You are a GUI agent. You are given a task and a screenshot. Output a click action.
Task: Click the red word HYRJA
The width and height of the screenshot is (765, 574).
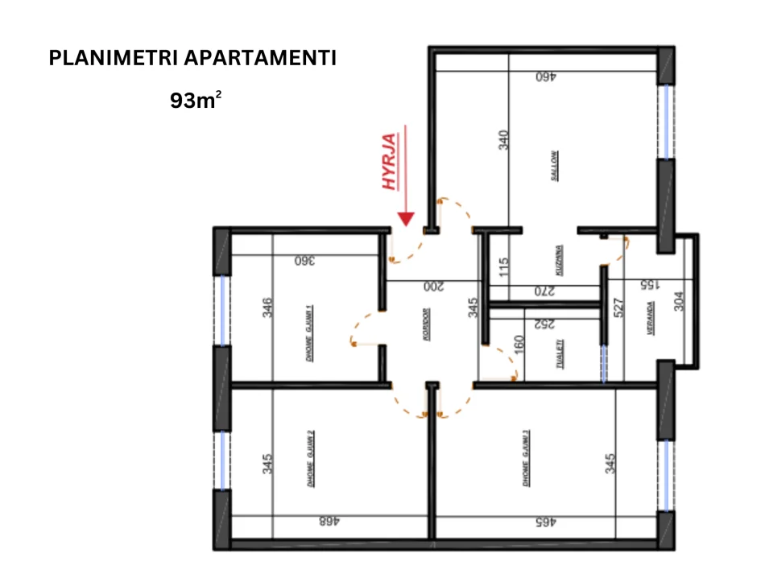click(x=391, y=161)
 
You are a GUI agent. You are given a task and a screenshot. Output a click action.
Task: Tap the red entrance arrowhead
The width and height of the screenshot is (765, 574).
click(x=407, y=218)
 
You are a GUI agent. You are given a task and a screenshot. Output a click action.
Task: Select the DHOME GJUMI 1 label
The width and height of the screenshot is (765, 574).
click(x=310, y=333)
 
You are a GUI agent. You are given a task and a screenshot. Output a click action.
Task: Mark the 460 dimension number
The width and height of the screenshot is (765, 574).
click(x=547, y=77)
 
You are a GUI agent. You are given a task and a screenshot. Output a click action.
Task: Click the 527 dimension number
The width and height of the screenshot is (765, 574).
click(x=618, y=310)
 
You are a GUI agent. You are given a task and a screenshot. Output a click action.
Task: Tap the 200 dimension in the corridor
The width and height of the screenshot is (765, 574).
click(x=434, y=286)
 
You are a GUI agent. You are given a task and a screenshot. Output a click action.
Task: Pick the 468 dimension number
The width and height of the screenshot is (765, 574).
click(x=329, y=521)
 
